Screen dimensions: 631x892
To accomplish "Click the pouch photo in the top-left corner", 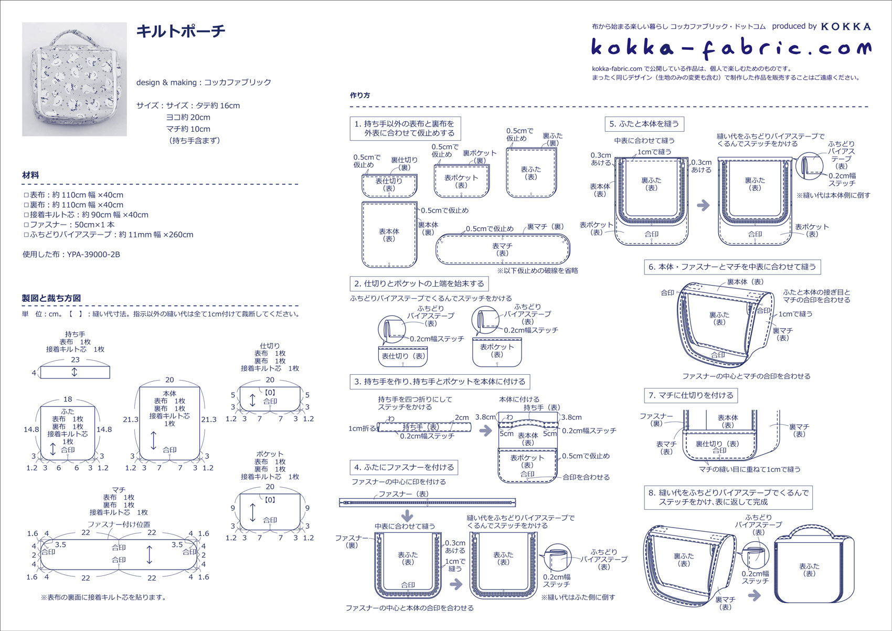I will pyautogui.click(x=74, y=79).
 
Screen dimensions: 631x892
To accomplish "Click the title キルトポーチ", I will pyautogui.click(x=180, y=31).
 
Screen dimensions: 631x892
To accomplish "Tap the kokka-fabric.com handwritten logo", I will pyautogui.click(x=730, y=48).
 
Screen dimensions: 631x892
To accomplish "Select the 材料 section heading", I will pyautogui.click(x=30, y=175).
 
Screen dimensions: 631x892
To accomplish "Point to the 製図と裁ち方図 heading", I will pyautogui.click(x=51, y=298).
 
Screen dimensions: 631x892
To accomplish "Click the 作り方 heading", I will pyautogui.click(x=360, y=96).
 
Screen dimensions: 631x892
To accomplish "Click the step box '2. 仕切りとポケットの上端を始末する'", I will pyautogui.click(x=419, y=284).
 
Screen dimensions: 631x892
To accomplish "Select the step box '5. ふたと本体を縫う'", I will pyautogui.click(x=644, y=124).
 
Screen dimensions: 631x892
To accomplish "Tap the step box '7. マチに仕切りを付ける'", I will pyautogui.click(x=691, y=395).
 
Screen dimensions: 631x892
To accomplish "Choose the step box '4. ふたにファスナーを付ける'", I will pyautogui.click(x=404, y=467).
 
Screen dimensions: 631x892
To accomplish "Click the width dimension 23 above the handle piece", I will pyautogui.click(x=75, y=360).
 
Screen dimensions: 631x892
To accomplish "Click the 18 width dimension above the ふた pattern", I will pyautogui.click(x=68, y=399).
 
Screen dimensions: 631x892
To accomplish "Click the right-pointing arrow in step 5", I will pyautogui.click(x=703, y=205).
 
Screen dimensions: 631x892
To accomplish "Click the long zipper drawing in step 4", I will pyautogui.click(x=427, y=502).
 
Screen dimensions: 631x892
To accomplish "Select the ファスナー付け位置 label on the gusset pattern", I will pyautogui.click(x=119, y=524).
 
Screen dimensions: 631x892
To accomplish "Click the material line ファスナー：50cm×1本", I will pyautogui.click(x=68, y=225).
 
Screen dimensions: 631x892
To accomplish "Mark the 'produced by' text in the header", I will pyautogui.click(x=794, y=26).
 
